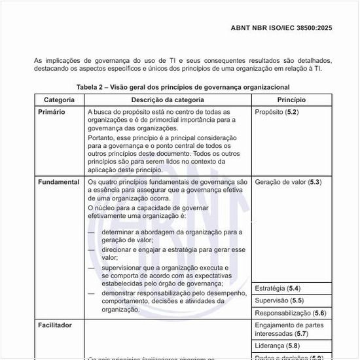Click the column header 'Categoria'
[59, 100]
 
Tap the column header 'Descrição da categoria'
[168, 100]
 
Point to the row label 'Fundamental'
[59, 181]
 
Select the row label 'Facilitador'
[55, 325]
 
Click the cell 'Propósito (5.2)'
[276, 113]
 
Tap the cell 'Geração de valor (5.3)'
[288, 181]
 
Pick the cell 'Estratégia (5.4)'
[278, 288]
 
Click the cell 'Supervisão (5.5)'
[279, 300]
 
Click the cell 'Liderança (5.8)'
[278, 346]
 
